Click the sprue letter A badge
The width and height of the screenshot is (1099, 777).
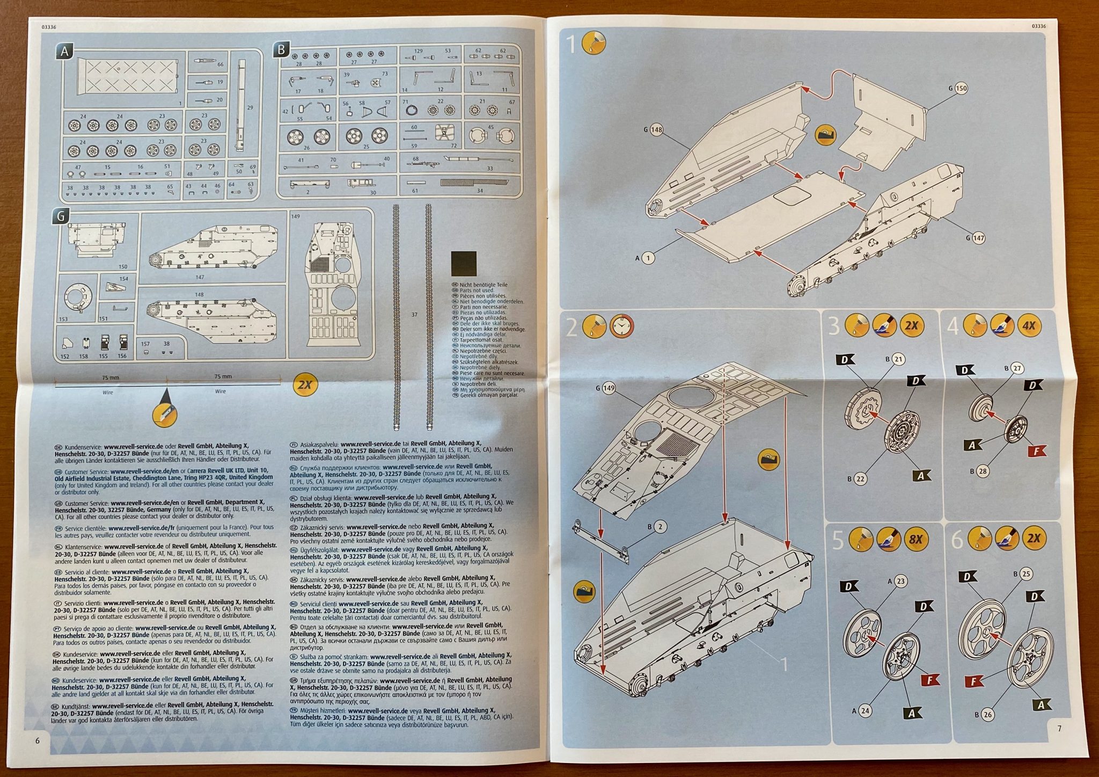click(64, 51)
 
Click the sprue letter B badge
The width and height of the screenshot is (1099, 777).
click(281, 50)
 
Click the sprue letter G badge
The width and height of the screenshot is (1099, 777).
click(61, 216)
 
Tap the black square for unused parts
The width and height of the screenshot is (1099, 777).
click(464, 263)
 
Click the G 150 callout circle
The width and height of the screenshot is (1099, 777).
click(961, 88)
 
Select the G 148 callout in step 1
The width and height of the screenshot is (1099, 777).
click(656, 129)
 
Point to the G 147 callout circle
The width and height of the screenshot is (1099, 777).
click(978, 237)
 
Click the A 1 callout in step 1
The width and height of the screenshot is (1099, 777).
click(648, 258)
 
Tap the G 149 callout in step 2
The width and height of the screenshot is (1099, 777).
click(608, 388)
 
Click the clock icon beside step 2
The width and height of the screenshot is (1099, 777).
click(621, 326)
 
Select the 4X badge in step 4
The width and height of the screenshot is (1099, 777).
click(1029, 325)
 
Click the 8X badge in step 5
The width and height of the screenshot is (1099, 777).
click(915, 539)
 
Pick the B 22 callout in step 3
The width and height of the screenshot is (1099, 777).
click(860, 478)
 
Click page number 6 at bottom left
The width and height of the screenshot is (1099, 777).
click(37, 740)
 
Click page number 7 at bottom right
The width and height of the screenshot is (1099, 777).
click(1059, 728)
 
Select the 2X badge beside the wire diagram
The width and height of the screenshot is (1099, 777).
click(305, 384)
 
